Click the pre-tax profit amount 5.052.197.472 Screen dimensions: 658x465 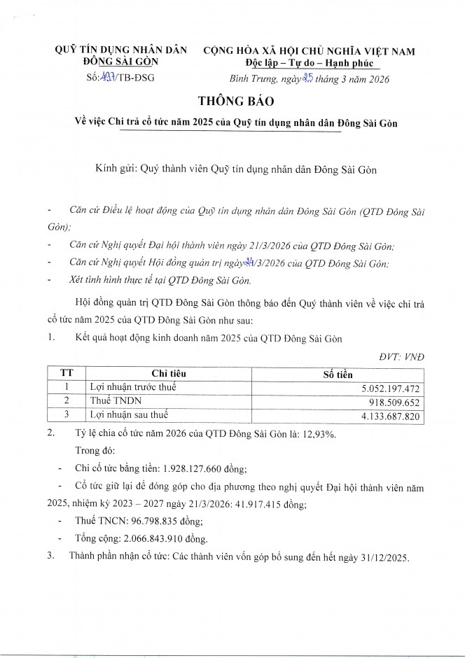(387, 386)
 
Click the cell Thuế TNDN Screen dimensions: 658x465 (110, 402)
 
